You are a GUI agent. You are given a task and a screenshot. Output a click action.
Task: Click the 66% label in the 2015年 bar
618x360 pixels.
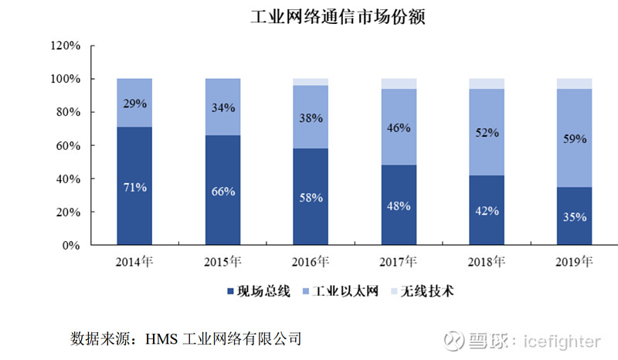[x=223, y=191]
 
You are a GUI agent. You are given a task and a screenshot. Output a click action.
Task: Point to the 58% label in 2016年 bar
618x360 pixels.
[x=311, y=197]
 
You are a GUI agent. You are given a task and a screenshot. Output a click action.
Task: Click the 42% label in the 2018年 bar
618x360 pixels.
[x=487, y=210]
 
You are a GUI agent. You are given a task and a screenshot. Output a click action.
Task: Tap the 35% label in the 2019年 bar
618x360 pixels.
[x=575, y=216]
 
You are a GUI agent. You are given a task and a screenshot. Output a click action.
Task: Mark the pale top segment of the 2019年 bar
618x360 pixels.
[x=575, y=83]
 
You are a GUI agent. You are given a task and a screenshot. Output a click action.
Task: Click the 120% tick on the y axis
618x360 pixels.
[x=65, y=46]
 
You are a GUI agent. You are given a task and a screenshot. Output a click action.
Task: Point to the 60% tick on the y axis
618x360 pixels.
[x=68, y=145]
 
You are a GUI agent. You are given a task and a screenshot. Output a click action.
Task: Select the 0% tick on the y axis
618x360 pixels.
[x=71, y=245]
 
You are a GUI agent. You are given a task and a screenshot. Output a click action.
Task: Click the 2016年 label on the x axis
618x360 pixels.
[x=311, y=263]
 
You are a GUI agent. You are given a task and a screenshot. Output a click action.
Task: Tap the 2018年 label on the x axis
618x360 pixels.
[x=487, y=263]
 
